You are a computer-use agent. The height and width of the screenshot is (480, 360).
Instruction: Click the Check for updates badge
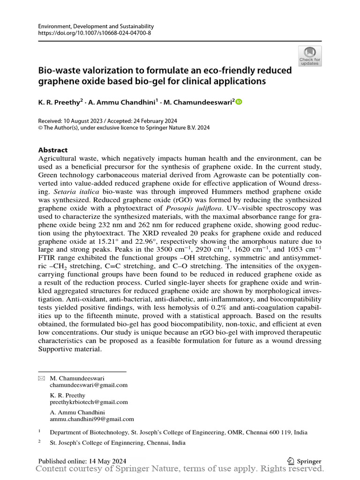click(x=310, y=56)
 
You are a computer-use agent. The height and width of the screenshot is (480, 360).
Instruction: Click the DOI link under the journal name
click(x=94, y=34)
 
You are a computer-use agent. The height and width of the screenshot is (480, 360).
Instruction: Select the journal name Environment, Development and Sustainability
click(x=96, y=27)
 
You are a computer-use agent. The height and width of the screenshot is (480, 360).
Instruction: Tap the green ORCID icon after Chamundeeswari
click(x=239, y=102)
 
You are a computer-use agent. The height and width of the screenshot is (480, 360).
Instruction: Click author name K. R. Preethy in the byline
click(x=59, y=102)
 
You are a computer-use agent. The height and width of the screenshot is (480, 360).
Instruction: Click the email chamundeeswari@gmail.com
click(x=89, y=385)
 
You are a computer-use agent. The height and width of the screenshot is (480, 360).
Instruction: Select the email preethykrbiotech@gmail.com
click(x=89, y=402)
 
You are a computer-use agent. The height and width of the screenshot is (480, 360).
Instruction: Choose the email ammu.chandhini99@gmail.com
click(x=92, y=419)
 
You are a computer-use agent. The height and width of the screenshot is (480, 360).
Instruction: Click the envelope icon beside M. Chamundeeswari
click(x=41, y=378)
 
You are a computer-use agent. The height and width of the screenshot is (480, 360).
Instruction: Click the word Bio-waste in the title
click(x=58, y=70)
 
